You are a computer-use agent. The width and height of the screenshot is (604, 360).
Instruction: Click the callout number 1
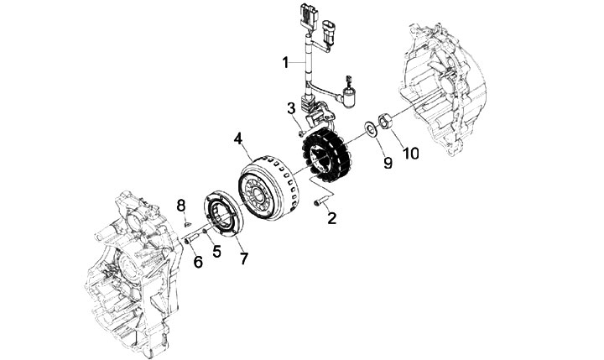tap(285, 61)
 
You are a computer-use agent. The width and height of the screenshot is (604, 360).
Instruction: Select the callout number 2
tap(332, 219)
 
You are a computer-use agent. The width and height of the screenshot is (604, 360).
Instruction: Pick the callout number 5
tap(216, 250)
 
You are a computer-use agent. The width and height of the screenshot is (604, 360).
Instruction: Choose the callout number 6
tap(198, 262)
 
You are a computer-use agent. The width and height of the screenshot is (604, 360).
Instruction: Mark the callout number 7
tap(244, 258)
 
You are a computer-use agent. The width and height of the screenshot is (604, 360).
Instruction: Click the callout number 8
tap(180, 206)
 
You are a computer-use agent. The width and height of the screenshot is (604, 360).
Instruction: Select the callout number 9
tap(388, 163)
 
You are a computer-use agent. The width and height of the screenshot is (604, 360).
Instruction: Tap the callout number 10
tap(411, 153)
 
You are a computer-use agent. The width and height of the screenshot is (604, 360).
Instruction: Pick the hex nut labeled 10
tap(387, 123)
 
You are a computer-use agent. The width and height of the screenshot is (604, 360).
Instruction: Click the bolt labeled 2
tap(319, 202)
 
